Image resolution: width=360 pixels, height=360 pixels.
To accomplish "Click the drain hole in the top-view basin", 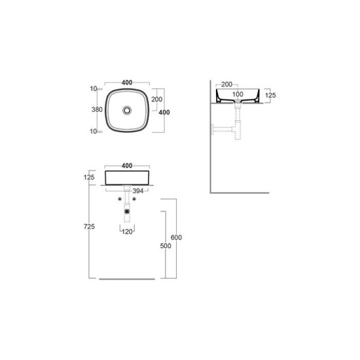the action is (x=127, y=111).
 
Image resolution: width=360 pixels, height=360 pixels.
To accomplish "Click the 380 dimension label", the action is (x=97, y=110).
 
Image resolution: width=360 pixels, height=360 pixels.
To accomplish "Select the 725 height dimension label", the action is (x=89, y=226).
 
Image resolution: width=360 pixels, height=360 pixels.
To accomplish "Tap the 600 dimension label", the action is (x=176, y=238).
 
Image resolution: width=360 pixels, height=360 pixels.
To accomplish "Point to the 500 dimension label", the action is (x=166, y=246).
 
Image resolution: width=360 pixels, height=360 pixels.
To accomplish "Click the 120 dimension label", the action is (x=127, y=232).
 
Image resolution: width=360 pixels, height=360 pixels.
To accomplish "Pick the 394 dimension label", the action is (x=138, y=190).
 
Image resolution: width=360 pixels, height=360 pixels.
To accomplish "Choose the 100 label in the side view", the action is (x=238, y=94).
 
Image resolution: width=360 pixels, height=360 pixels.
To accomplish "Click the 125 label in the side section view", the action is (x=270, y=96).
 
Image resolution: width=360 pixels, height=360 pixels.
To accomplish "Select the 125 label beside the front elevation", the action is (x=89, y=177).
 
